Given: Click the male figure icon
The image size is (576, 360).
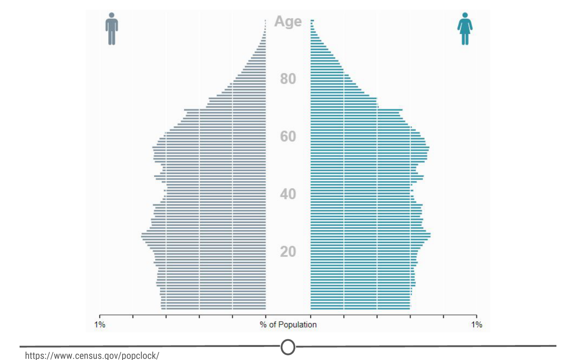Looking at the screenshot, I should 111,29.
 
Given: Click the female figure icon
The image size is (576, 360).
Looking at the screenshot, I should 465,29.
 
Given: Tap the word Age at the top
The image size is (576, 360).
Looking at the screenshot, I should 288,21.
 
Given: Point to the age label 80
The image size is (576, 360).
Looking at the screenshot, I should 288,79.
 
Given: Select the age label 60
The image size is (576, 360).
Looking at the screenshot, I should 288,137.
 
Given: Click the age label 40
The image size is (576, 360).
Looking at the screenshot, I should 288,194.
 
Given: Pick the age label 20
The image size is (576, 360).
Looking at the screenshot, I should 288,252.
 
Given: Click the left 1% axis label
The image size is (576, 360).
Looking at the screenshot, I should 99,325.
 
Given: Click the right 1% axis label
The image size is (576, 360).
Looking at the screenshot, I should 477,325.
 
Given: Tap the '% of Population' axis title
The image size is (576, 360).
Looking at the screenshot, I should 288,325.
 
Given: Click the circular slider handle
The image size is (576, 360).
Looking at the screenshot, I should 288,347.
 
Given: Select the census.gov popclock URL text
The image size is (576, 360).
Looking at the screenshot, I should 92,355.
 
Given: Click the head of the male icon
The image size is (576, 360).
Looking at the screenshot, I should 111,15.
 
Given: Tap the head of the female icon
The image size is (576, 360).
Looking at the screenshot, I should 465,15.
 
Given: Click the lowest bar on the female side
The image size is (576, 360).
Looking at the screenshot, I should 360,308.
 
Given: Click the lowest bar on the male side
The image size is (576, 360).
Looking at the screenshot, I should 214,308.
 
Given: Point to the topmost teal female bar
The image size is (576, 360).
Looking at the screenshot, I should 312,20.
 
